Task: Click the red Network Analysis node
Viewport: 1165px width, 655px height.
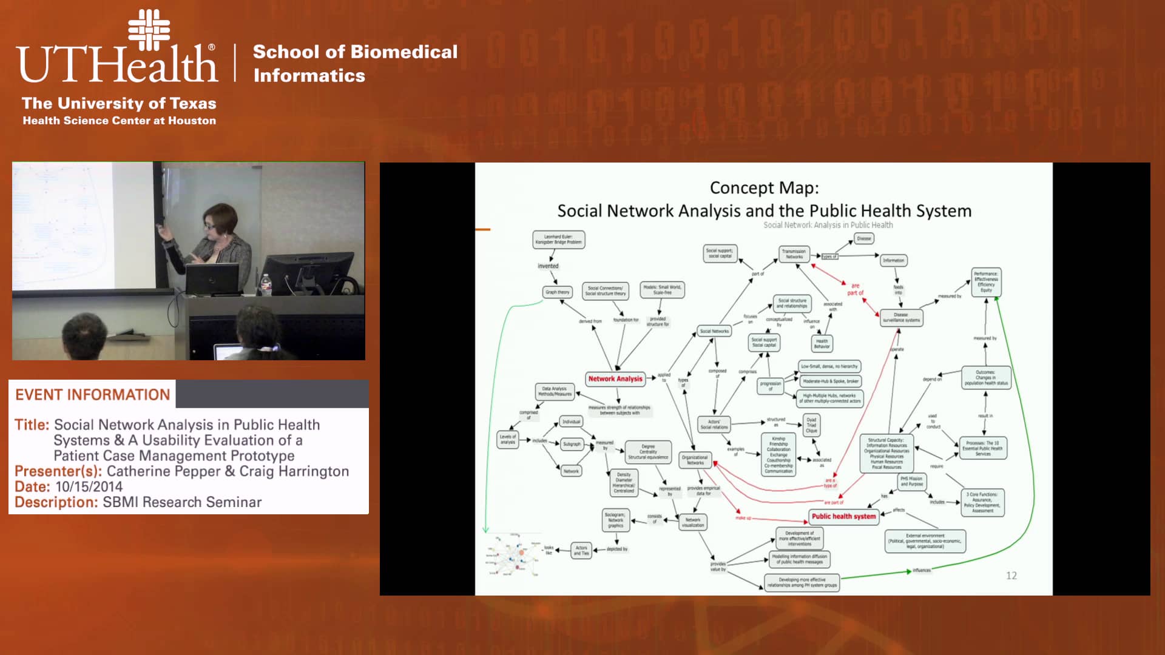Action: [x=615, y=378]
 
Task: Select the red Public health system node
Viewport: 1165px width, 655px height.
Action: [x=843, y=516]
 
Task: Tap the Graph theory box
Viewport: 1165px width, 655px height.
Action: [x=557, y=292]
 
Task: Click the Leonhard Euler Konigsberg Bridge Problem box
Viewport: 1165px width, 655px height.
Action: [x=558, y=239]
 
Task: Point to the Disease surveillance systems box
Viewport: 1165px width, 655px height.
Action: [x=901, y=317]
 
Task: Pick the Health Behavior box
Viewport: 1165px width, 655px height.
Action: [x=822, y=343]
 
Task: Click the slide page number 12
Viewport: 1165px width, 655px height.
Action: [x=1011, y=576]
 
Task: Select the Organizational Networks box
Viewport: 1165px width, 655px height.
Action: [x=695, y=460]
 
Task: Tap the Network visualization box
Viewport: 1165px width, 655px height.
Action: [x=693, y=522]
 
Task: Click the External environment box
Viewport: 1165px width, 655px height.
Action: [x=925, y=540]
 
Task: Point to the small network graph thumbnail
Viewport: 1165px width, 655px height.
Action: [x=513, y=556]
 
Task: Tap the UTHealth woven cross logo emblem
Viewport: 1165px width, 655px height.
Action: [x=149, y=29]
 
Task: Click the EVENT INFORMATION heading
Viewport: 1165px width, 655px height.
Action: [x=92, y=395]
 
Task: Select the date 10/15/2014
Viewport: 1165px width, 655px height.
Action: [x=89, y=486]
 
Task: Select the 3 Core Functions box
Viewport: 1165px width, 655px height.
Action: [x=982, y=503]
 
